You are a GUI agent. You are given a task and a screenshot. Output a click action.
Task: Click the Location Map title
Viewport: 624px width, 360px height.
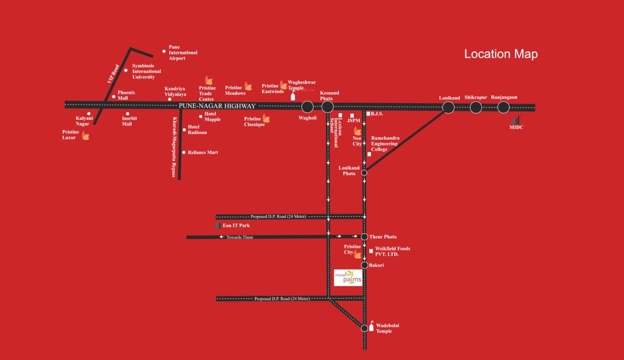tap(500, 54)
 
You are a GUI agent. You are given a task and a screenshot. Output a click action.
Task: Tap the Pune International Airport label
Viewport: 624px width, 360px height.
tap(183, 52)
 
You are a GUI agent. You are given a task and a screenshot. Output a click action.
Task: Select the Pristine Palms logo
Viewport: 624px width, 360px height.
tap(348, 278)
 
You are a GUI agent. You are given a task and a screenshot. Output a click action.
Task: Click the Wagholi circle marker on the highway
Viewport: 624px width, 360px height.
tap(307, 107)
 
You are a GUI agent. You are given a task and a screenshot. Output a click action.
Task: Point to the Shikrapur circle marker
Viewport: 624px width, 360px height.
tap(475, 107)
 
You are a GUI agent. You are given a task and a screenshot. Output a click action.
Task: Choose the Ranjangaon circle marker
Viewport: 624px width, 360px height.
tap(503, 107)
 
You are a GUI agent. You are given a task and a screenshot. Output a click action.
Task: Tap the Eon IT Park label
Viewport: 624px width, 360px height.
tap(236, 225)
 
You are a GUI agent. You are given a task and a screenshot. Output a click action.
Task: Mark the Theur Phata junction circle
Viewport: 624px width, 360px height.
tap(364, 237)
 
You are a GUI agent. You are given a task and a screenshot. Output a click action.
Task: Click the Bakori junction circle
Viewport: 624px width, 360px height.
tap(364, 265)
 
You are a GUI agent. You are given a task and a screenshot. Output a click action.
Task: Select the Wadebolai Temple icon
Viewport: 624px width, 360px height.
tap(372, 326)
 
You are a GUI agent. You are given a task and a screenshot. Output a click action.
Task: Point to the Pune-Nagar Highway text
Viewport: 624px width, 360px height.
tap(217, 106)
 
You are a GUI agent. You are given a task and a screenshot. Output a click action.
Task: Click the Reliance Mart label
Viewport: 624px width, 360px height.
tap(203, 152)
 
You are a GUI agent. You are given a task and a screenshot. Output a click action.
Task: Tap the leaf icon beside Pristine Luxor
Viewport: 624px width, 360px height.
tap(86, 136)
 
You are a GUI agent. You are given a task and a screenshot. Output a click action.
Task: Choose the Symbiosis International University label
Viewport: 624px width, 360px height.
tap(146, 71)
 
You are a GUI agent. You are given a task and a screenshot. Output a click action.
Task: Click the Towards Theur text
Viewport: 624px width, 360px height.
tap(239, 237)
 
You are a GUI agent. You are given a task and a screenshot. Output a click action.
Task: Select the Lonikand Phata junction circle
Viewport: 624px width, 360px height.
tap(364, 172)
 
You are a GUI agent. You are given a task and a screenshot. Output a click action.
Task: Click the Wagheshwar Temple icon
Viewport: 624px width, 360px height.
tap(293, 96)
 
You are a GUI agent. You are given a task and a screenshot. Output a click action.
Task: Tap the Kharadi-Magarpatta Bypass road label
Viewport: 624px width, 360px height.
tap(174, 147)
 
